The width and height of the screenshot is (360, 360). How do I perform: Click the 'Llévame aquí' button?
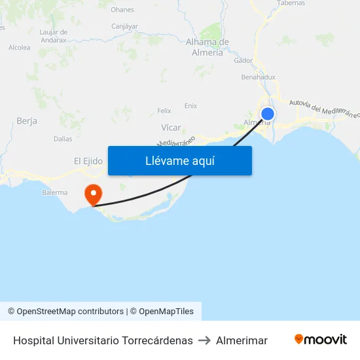point(179,160)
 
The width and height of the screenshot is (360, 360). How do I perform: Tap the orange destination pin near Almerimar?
point(93,194)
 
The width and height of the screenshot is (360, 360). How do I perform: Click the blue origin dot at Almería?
point(267,115)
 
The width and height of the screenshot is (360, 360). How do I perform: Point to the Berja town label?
point(27,121)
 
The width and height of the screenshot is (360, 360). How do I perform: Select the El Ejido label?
point(88,161)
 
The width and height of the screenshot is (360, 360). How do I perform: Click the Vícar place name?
point(171,128)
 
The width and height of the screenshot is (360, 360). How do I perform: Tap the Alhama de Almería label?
point(207,47)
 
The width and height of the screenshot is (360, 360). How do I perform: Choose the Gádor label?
point(243,60)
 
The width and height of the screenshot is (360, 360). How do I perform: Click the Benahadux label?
point(258,77)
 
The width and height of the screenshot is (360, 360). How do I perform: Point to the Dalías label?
point(63,139)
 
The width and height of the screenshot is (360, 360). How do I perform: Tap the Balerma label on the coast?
point(54,192)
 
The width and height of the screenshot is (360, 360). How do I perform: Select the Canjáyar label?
point(124,27)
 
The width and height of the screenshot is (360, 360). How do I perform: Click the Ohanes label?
point(122,10)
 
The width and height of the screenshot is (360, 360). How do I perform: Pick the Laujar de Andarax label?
point(54,35)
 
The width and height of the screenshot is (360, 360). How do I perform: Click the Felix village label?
point(164,111)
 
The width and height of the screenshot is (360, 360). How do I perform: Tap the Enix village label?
point(190,105)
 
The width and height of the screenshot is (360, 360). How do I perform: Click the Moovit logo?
point(321,340)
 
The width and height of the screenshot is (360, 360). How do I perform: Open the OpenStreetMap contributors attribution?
point(65,312)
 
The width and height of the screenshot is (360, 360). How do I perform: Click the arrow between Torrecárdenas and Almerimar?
point(204,340)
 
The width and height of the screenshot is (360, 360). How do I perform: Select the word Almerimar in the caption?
point(242,340)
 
